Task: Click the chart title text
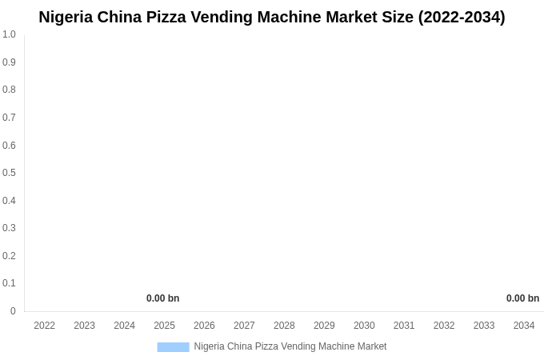[x=272, y=17]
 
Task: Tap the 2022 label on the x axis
[x=45, y=326]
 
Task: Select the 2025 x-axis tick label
[x=164, y=326]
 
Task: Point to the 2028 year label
[x=284, y=326]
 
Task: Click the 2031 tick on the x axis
[x=404, y=326]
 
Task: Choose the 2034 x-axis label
[x=524, y=326]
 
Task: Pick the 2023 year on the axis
[x=85, y=326]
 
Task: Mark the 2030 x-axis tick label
[x=364, y=326]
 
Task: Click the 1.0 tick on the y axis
[x=9, y=34]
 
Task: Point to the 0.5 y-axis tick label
[x=9, y=173]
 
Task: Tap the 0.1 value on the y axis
[x=9, y=283]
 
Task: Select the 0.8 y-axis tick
[x=9, y=90]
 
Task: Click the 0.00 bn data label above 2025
[x=163, y=298]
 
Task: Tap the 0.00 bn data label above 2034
[x=522, y=298]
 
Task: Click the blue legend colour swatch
[x=173, y=346]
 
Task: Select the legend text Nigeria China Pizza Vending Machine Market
[x=290, y=346]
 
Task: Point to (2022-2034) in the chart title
[x=462, y=17]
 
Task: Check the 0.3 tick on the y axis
[x=9, y=228]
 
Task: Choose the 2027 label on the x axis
[x=244, y=326]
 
